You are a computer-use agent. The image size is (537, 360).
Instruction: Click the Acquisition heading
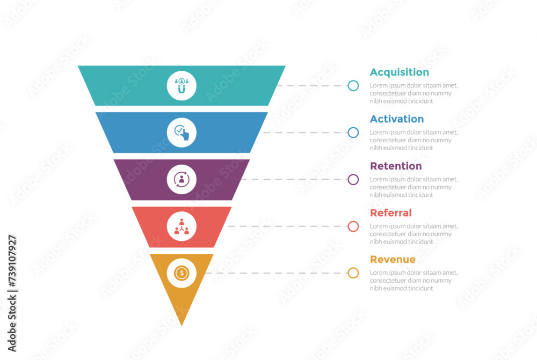(399, 72)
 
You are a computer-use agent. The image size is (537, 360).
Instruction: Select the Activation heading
(396, 119)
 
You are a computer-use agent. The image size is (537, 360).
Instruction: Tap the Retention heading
(396, 166)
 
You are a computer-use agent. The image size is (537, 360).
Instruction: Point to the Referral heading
(390, 213)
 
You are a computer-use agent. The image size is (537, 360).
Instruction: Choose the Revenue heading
(393, 260)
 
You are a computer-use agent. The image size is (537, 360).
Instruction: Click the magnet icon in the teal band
(182, 86)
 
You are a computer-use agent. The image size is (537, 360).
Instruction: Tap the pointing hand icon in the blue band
(182, 133)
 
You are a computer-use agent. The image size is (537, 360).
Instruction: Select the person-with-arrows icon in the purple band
(182, 180)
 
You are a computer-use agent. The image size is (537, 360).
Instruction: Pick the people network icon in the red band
(182, 226)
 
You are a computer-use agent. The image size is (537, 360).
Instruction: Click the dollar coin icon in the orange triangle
(182, 273)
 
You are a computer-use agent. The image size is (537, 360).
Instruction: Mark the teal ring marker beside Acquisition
(353, 86)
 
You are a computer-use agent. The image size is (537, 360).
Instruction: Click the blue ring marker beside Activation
(353, 133)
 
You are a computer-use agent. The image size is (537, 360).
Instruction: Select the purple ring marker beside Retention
(353, 180)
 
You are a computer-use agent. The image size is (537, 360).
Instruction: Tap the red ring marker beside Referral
(353, 226)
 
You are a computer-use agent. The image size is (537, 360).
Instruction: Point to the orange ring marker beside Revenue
(353, 273)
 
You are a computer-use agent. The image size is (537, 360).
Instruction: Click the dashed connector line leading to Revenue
(274, 273)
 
